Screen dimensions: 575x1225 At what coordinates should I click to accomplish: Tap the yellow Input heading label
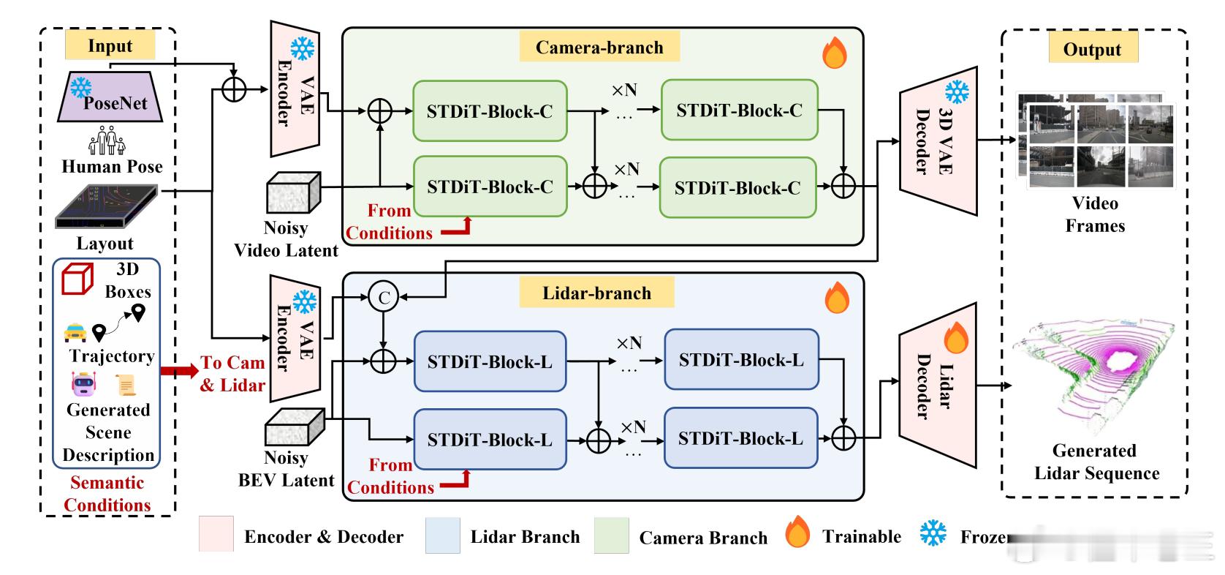(110, 45)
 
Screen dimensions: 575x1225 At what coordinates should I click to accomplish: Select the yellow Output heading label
(1092, 49)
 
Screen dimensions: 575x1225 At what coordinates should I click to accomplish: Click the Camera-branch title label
(599, 48)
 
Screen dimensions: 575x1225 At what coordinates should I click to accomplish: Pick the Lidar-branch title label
(596, 293)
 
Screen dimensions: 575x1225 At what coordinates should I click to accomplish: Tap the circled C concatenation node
(384, 296)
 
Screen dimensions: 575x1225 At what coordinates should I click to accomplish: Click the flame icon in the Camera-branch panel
(835, 53)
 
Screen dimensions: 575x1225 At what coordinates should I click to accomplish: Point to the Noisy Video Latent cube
(293, 192)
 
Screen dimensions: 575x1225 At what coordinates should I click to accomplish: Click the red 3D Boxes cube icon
(77, 279)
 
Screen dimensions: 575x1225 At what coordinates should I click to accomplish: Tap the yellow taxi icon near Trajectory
(75, 333)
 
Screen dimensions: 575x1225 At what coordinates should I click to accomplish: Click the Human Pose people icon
(107, 140)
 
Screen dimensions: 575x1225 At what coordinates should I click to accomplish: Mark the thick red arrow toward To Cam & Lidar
(179, 371)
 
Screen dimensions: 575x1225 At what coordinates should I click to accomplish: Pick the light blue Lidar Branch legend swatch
(442, 535)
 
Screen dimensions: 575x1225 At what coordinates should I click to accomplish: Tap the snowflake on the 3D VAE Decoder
(957, 91)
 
